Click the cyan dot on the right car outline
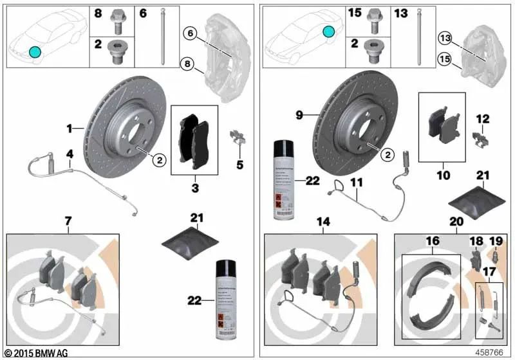pyautogui.click(x=329, y=32)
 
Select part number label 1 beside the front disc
pyautogui.click(x=69, y=129)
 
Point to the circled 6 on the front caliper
pyautogui.click(x=191, y=33)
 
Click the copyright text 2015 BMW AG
pyautogui.click(x=36, y=353)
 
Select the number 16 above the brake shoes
pyautogui.click(x=433, y=240)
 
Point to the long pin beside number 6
pyautogui.click(x=165, y=35)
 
